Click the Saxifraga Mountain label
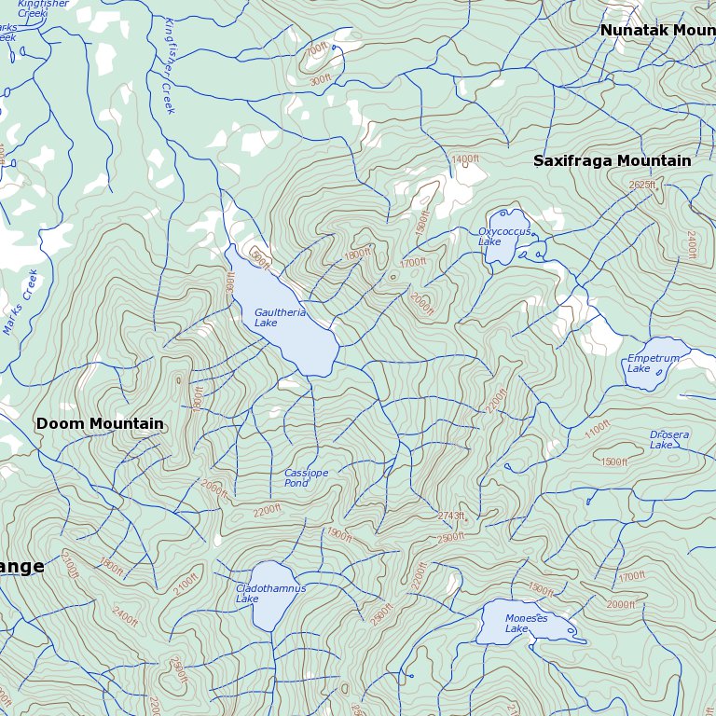[612, 160]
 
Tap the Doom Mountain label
[100, 423]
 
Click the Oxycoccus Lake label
[504, 237]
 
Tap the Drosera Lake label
[669, 439]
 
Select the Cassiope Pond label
[306, 478]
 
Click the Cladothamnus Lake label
[270, 593]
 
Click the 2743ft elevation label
[450, 516]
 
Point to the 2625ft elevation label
[642, 185]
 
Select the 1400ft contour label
[464, 159]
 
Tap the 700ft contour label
[317, 48]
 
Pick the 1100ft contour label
[597, 430]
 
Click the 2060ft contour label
[214, 487]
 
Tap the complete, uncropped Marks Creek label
[20, 302]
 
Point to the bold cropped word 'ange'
[21, 567]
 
